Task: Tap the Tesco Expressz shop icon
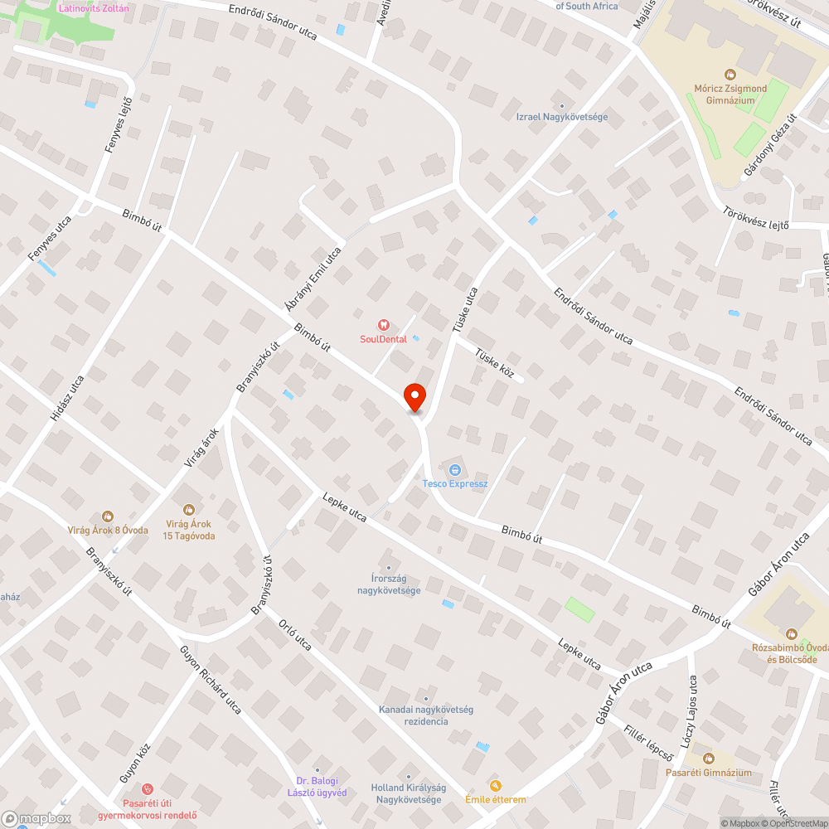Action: coord(455,470)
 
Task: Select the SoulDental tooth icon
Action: coord(383,325)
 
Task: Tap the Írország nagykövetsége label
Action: coord(389,584)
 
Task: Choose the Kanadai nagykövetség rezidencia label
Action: coord(426,715)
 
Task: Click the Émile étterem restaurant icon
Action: coord(496,785)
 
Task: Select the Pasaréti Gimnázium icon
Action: coord(708,759)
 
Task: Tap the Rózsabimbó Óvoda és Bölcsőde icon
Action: coord(790,634)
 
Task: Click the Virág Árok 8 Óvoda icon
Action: coord(108,517)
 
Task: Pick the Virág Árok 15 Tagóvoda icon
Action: coord(189,510)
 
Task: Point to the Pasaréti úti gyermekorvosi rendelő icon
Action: coord(148,789)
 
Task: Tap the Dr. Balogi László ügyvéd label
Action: coord(321,787)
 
